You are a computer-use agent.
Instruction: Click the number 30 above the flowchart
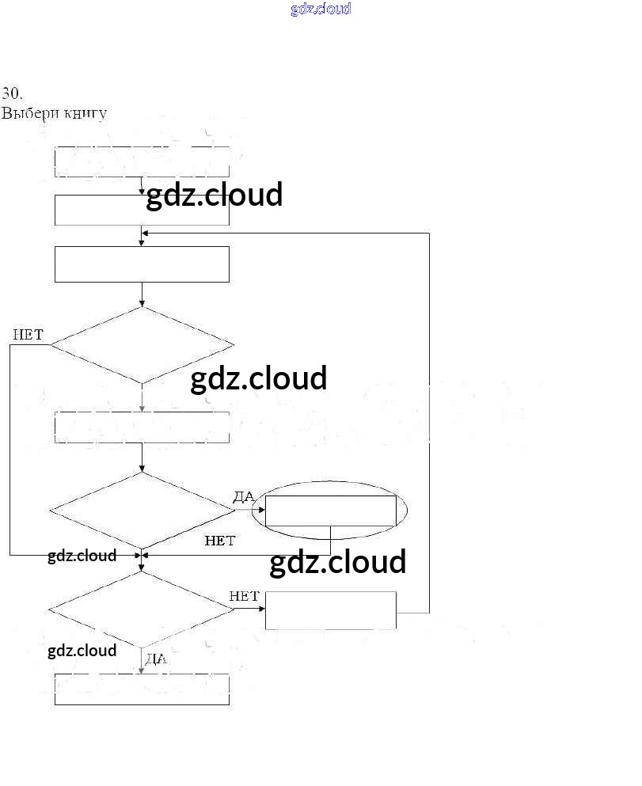(x=11, y=93)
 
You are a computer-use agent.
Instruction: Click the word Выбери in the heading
(x=25, y=113)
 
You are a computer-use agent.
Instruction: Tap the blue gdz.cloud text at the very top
(x=321, y=9)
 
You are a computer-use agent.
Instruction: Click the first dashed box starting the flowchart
(x=142, y=161)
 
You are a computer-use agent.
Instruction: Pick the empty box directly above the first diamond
(x=142, y=264)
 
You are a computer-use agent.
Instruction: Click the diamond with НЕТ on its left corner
(x=142, y=345)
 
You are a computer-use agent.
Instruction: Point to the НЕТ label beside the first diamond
(x=28, y=335)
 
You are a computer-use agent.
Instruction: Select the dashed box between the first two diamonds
(x=142, y=427)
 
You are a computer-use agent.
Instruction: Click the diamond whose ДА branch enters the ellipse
(x=142, y=510)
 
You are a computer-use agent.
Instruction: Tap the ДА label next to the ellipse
(x=244, y=496)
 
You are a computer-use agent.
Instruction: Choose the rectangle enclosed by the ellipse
(x=330, y=511)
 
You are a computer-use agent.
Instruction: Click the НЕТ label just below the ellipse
(x=219, y=541)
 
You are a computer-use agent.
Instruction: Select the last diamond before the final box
(x=142, y=609)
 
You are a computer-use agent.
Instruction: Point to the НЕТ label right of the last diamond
(x=244, y=596)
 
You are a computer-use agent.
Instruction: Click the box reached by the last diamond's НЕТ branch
(x=330, y=610)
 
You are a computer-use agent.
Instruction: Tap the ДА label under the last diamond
(x=156, y=659)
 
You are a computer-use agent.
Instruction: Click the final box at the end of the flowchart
(x=142, y=689)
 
